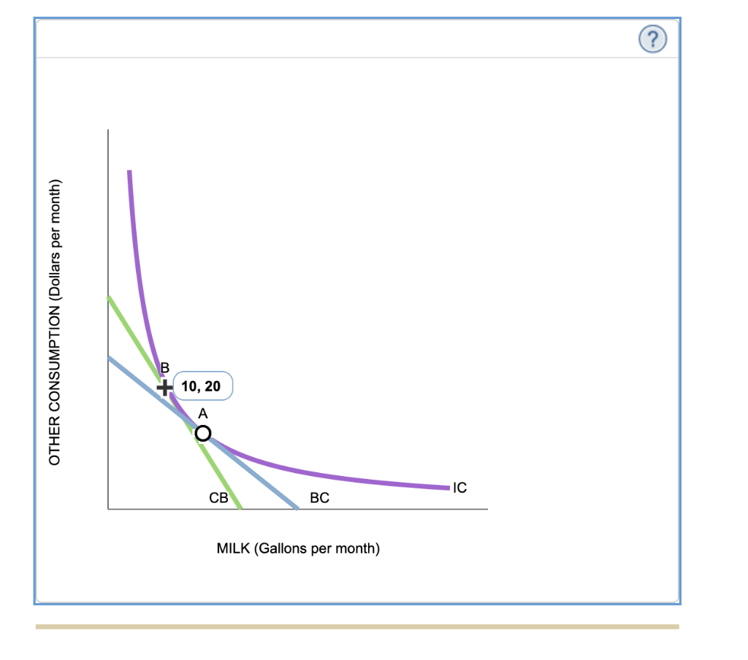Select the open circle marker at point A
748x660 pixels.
click(x=202, y=434)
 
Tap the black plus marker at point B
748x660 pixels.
click(x=166, y=386)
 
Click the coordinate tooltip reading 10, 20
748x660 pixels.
click(x=202, y=386)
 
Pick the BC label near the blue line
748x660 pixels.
click(x=319, y=499)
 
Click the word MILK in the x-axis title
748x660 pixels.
click(x=233, y=548)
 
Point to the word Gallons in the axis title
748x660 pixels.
click(x=283, y=548)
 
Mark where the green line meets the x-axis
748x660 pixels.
click(x=241, y=508)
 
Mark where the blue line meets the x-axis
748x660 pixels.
click(x=297, y=508)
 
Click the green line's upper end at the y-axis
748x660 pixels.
click(x=109, y=298)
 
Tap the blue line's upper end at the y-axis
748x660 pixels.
click(x=109, y=357)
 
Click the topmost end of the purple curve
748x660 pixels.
click(x=129, y=172)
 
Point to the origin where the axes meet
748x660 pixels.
click(x=108, y=509)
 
